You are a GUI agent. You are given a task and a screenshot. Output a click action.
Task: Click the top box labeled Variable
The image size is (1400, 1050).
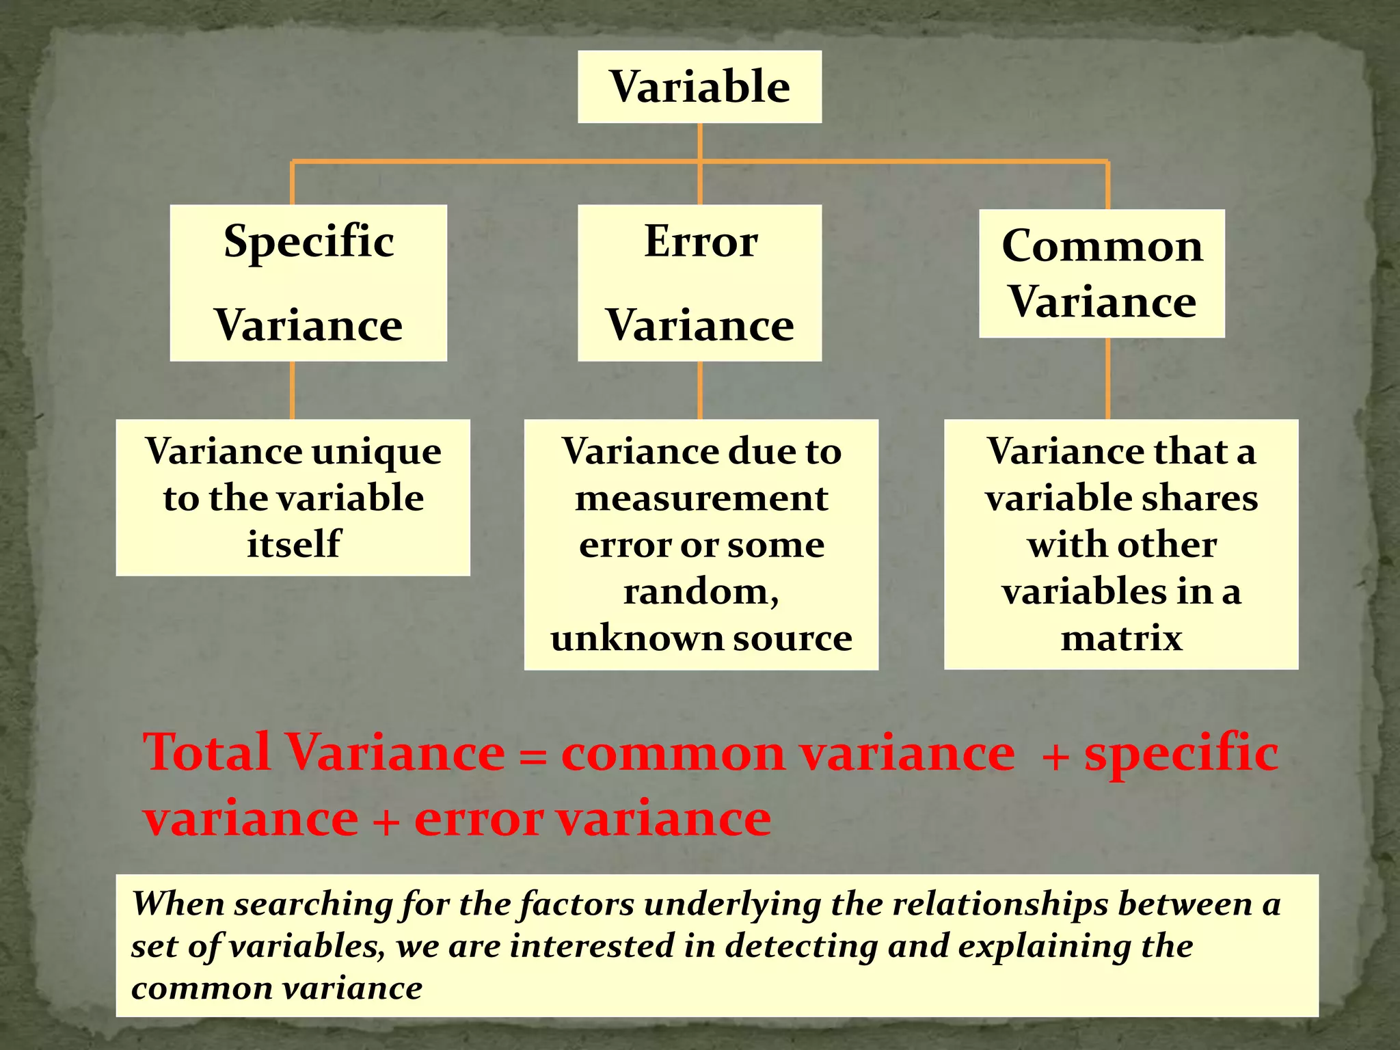699,87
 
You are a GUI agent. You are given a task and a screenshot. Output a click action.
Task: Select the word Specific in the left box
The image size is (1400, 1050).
309,242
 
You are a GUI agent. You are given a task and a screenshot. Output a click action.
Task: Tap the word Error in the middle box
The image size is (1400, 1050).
701,241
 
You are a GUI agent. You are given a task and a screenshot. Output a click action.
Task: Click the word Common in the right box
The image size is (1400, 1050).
1102,246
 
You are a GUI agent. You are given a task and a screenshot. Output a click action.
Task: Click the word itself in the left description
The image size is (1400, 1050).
293,544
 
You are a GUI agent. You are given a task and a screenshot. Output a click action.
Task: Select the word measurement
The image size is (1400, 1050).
701,498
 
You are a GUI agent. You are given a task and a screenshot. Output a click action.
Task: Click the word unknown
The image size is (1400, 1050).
637,638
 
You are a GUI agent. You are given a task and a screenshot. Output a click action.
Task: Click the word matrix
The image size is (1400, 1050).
1121,638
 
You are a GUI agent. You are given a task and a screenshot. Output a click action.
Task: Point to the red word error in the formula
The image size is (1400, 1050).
479,818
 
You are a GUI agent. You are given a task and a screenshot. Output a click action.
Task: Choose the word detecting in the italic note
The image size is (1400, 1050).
800,946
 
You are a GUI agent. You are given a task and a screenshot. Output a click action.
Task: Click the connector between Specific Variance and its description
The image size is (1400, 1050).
293,390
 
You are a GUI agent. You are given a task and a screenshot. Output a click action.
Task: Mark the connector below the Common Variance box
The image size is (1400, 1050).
1107,378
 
